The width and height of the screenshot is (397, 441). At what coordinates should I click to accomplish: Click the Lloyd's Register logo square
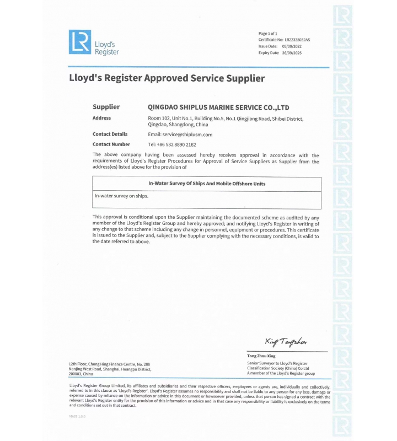tap(79, 42)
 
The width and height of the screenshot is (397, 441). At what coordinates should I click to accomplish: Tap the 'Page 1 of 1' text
tap(268, 34)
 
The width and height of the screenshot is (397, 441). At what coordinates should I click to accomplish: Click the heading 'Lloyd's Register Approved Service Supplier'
tap(167, 78)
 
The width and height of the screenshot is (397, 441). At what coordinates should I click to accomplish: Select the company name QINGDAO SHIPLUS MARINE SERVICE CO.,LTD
tap(219, 107)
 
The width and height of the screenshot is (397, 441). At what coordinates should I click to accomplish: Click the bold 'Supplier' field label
tap(106, 107)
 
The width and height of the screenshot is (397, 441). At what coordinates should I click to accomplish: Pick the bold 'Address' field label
tap(101, 118)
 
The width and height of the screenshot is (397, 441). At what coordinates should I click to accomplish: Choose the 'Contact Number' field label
tap(111, 144)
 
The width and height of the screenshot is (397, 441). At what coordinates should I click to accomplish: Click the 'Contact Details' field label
tap(110, 135)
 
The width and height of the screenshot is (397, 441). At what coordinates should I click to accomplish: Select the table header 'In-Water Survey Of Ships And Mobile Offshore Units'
tap(207, 184)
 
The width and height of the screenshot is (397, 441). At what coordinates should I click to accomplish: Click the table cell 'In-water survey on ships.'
tap(121, 196)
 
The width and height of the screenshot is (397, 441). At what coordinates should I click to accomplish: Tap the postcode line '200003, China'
tap(81, 374)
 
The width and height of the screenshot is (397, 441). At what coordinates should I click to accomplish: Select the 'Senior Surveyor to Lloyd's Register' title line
tap(277, 364)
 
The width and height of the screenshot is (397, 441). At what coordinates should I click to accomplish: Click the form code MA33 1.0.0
tap(77, 416)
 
